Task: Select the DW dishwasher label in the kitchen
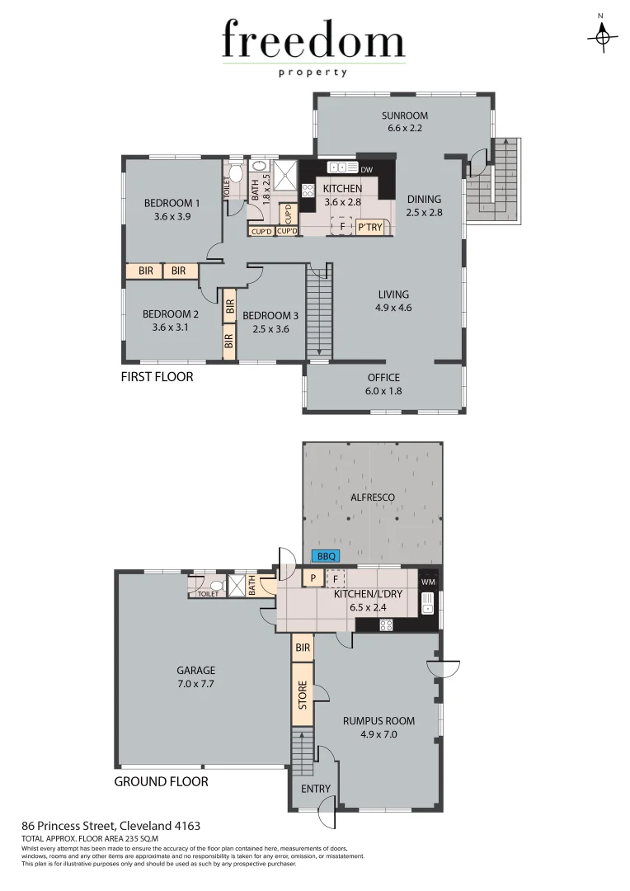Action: point(367,170)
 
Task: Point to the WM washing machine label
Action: point(427,582)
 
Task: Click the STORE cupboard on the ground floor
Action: point(303,695)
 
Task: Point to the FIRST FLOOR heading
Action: point(157,377)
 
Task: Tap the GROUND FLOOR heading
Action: point(161,781)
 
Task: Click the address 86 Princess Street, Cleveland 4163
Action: point(110,825)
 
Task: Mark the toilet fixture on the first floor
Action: point(234,174)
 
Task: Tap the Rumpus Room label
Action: point(378,726)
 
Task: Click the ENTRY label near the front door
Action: point(315,789)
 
